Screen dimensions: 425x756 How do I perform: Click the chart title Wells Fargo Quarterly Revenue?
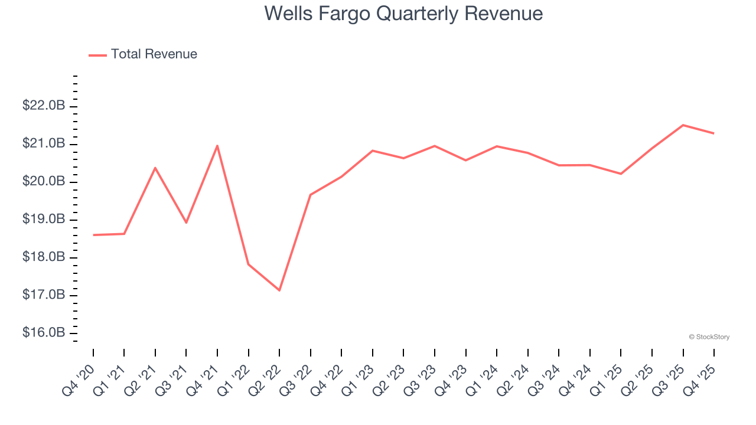tap(403, 13)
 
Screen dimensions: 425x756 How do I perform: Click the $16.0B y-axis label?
tap(44, 333)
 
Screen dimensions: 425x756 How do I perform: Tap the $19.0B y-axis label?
tap(44, 220)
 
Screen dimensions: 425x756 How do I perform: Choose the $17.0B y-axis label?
tap(44, 295)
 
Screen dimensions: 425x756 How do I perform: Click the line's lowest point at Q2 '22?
tap(279, 290)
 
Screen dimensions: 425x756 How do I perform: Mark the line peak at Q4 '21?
tap(217, 145)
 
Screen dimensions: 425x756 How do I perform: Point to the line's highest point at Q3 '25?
tap(683, 125)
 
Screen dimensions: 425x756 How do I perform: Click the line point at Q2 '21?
tap(155, 168)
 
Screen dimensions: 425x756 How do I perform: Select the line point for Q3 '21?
tap(186, 223)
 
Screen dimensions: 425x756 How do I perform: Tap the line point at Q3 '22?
tap(311, 195)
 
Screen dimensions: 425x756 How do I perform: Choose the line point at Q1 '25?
tap(621, 174)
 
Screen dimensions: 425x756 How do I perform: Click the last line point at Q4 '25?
tap(713, 133)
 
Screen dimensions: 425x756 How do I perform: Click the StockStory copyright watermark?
tap(709, 337)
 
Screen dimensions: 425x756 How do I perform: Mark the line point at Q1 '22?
tap(249, 264)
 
